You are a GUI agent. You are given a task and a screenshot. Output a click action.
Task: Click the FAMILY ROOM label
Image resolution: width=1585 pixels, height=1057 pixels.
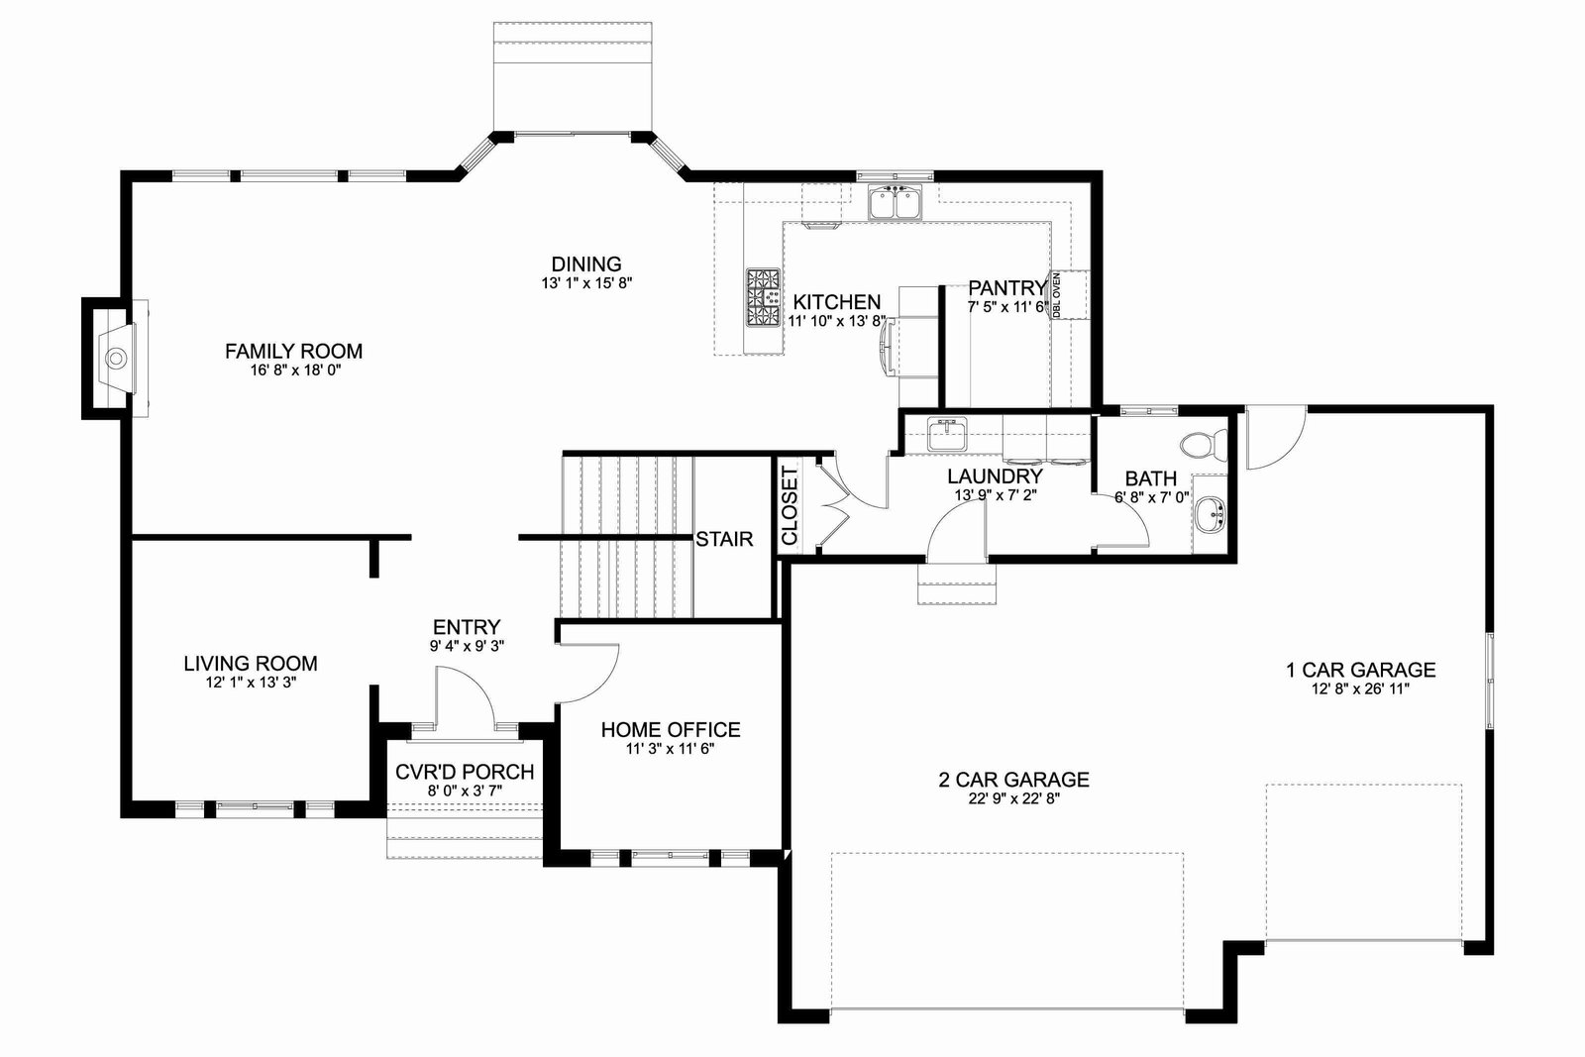coord(293,351)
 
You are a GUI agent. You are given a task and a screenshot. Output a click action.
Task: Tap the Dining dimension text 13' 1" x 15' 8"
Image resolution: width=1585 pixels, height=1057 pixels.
coord(586,283)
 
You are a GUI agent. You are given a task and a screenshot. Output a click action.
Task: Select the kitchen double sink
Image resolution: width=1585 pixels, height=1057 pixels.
coord(896,202)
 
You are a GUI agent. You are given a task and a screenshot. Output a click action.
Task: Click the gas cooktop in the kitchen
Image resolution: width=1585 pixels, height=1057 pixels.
coord(764,297)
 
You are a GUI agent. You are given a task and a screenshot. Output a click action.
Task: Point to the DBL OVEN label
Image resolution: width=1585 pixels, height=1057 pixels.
coord(1056,294)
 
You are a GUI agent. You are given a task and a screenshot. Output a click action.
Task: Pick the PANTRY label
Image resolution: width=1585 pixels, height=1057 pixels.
coord(1006,288)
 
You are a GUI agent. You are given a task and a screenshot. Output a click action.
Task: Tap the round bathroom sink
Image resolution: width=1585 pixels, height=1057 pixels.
coord(1211,512)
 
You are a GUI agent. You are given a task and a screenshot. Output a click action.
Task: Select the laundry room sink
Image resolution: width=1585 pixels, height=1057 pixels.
coord(947,434)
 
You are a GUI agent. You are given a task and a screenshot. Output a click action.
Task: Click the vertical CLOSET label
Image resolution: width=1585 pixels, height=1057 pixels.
coord(789,505)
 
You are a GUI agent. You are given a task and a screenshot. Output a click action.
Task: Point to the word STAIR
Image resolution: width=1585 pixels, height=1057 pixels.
coord(724,539)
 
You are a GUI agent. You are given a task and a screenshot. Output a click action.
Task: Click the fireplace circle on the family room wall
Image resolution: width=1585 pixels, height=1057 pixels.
coord(115,359)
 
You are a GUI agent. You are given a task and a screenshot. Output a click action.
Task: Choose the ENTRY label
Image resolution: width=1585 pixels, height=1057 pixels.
coord(467,627)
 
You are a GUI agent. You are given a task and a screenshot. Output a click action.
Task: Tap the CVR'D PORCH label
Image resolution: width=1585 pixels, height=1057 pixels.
coord(465,772)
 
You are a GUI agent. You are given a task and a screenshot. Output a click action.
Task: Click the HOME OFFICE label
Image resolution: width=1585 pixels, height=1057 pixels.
coord(671,729)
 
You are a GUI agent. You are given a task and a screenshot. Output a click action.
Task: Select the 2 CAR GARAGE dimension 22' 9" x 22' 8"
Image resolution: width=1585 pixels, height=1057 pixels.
coord(1014,798)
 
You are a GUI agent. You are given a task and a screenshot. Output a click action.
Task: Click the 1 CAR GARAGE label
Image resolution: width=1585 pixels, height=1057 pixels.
coord(1360,670)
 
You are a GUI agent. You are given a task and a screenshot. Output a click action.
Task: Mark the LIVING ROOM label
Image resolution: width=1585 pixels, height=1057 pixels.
coord(251,663)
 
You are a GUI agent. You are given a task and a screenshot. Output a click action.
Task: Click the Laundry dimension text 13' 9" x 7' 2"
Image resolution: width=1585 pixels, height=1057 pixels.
coord(996,495)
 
